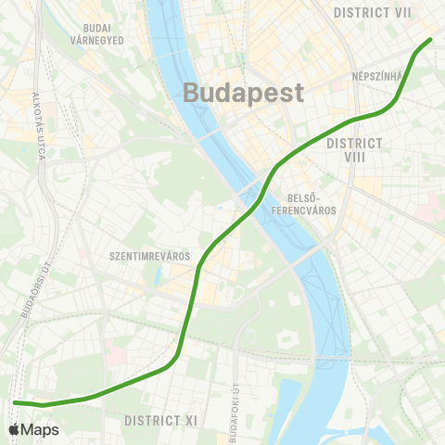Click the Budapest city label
[244, 93]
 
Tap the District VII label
[373, 12]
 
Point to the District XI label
[161, 421]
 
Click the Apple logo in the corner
[13, 430]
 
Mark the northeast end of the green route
[430, 40]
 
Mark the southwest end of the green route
[16, 402]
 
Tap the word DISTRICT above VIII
[356, 143]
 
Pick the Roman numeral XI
[191, 421]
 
